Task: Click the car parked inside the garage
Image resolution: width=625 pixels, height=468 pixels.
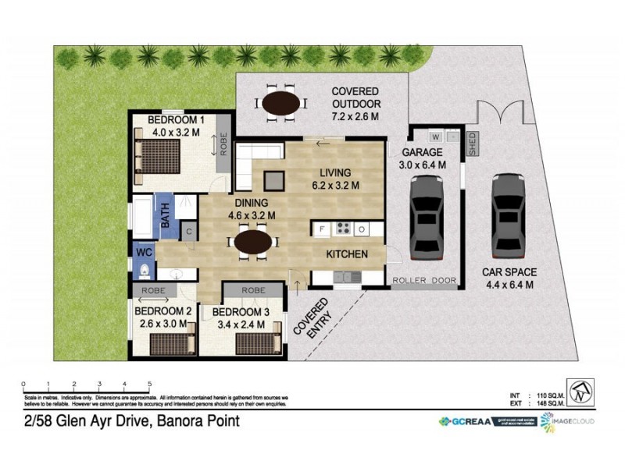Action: pos(427,216)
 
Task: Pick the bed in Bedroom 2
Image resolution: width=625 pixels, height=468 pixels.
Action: pos(170,343)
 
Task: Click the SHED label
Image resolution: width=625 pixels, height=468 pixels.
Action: pos(472,144)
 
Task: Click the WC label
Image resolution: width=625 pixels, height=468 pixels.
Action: pos(145,253)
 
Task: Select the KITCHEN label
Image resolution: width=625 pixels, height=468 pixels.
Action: pos(348,254)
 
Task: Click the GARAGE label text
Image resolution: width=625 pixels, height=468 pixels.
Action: pos(422,153)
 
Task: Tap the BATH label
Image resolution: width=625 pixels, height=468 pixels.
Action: pos(166,214)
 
